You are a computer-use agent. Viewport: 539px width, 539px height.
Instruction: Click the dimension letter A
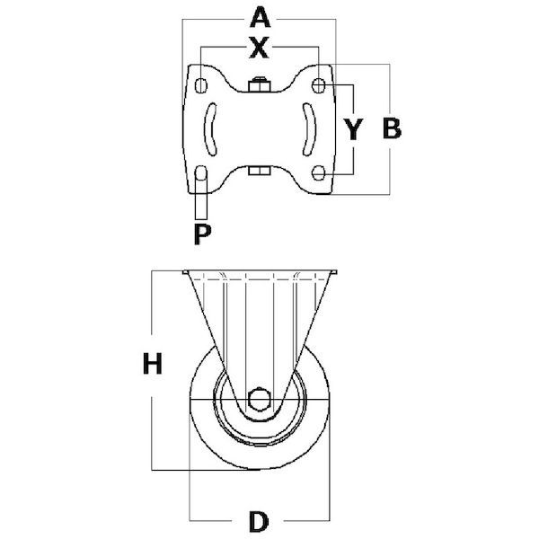pyautogui.click(x=260, y=18)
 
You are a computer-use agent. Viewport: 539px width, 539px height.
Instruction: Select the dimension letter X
pyautogui.click(x=260, y=48)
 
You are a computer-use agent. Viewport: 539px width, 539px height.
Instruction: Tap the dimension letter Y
pyautogui.click(x=353, y=129)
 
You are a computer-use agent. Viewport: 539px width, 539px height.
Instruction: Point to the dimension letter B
pyautogui.click(x=392, y=128)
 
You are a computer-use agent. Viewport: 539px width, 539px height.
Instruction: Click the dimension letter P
pyautogui.click(x=202, y=234)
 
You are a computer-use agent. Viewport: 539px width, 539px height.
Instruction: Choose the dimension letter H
pyautogui.click(x=153, y=364)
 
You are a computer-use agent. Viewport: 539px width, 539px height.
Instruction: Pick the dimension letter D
pyautogui.click(x=259, y=521)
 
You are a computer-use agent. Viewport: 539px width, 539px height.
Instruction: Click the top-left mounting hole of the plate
pyautogui.click(x=200, y=85)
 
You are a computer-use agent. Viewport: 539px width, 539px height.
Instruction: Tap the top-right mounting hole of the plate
pyautogui.click(x=319, y=85)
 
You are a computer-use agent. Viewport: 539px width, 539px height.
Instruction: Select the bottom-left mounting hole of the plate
pyautogui.click(x=200, y=172)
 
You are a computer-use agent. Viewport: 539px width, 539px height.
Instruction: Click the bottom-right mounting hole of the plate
pyautogui.click(x=319, y=172)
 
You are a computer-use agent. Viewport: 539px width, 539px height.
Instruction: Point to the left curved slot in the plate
pyautogui.click(x=209, y=129)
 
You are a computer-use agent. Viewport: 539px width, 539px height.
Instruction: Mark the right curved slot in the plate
pyautogui.click(x=309, y=128)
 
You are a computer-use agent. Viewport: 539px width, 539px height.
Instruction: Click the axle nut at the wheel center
pyautogui.click(x=260, y=399)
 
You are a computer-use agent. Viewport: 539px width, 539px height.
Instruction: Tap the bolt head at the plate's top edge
pyautogui.click(x=260, y=84)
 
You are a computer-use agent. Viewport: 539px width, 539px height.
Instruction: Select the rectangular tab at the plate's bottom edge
pyautogui.click(x=260, y=171)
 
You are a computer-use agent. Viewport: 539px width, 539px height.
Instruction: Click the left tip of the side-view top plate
pyautogui.click(x=183, y=272)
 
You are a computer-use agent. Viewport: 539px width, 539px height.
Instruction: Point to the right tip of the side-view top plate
pyautogui.click(x=336, y=272)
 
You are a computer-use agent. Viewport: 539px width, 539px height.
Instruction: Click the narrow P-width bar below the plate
pyautogui.click(x=201, y=207)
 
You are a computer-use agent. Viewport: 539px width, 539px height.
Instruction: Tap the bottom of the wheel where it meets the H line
pyautogui.click(x=260, y=470)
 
